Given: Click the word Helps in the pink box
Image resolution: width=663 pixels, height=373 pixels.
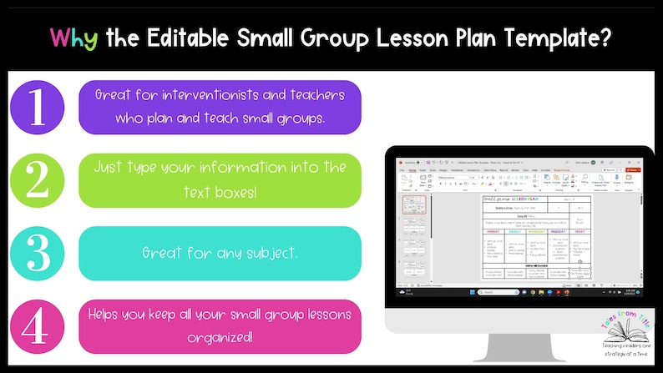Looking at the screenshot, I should coord(106,315).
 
